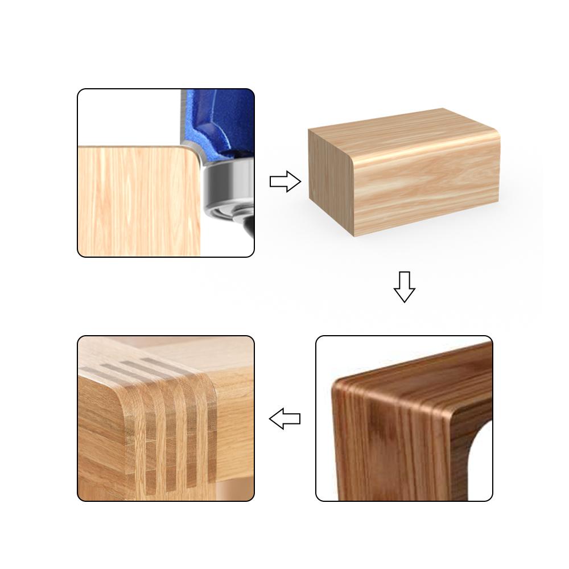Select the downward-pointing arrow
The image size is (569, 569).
(x=404, y=286)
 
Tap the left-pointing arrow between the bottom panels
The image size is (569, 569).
(x=284, y=419)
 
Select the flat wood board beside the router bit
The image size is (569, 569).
(x=137, y=199)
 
